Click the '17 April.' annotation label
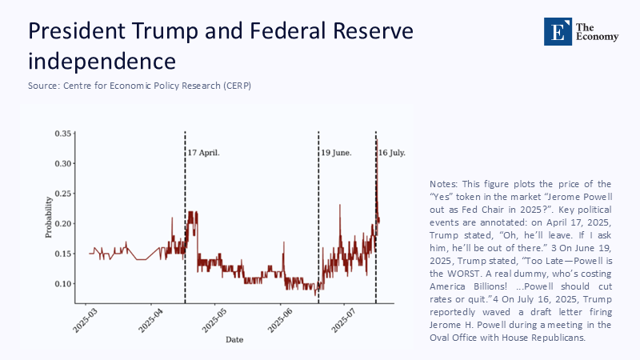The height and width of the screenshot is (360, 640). pyautogui.click(x=203, y=151)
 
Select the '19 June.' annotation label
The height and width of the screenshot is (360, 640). pyautogui.click(x=336, y=151)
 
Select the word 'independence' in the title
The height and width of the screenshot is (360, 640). pyautogui.click(x=102, y=61)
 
